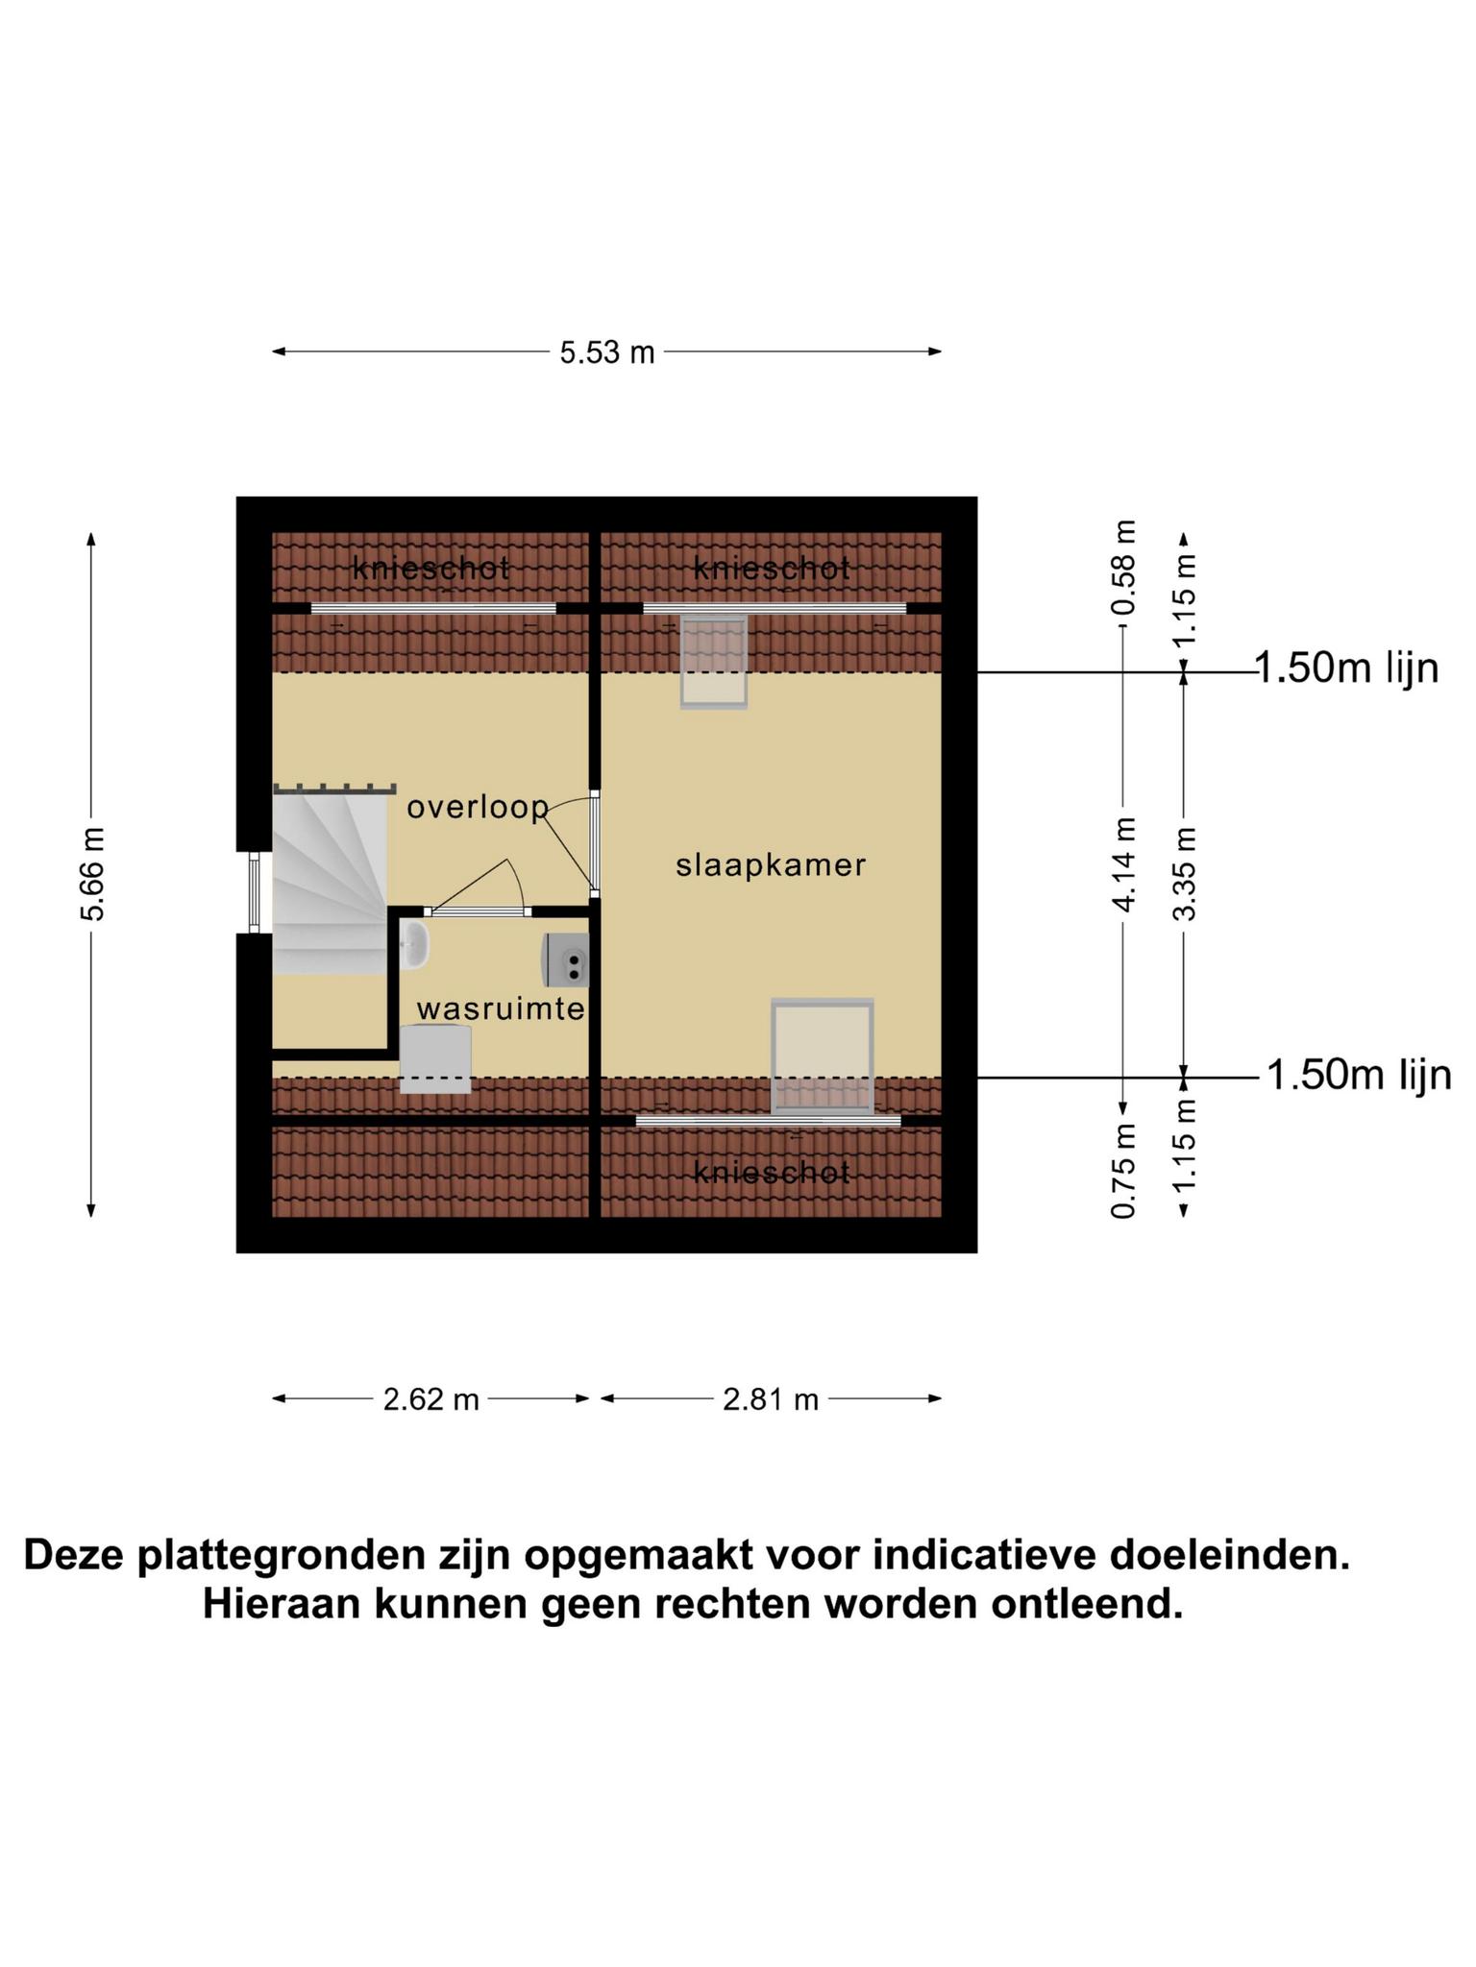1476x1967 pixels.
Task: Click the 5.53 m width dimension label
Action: (607, 352)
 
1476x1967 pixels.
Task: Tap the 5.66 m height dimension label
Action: (93, 873)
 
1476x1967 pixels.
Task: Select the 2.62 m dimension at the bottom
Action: (430, 1399)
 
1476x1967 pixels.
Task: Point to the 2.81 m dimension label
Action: (771, 1399)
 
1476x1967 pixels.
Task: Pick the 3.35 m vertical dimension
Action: (1186, 873)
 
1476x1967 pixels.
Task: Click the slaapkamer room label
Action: (771, 865)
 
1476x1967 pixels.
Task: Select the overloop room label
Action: (478, 808)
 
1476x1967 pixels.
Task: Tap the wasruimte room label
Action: (501, 1008)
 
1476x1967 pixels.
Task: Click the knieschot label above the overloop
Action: (430, 569)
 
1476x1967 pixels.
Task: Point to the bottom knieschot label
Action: (772, 1173)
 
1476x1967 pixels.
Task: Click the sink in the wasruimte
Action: (415, 944)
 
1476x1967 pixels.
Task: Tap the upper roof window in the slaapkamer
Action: (714, 662)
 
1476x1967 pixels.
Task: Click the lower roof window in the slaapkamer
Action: (823, 1056)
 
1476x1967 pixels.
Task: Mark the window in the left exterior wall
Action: (254, 892)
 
